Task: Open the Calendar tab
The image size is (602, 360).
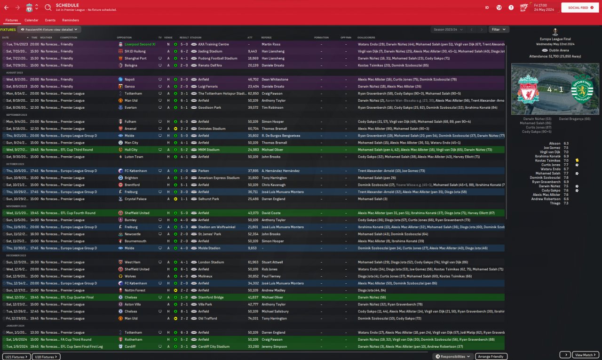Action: click(x=31, y=20)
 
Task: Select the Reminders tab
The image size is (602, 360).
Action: click(x=71, y=20)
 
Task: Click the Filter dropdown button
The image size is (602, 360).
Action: click(x=499, y=29)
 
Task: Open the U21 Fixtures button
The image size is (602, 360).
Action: click(x=16, y=357)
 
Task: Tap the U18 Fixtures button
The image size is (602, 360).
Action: click(x=46, y=357)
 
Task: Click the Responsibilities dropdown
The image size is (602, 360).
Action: click(x=453, y=357)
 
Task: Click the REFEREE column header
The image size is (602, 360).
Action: click(x=266, y=37)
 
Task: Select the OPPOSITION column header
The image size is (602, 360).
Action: click(x=124, y=37)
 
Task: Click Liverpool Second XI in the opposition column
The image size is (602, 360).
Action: click(x=140, y=44)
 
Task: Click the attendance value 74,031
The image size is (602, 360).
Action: click(x=253, y=319)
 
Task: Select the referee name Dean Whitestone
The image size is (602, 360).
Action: click(x=275, y=80)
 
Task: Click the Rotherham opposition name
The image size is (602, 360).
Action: click(x=133, y=339)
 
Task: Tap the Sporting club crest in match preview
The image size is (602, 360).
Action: click(x=582, y=89)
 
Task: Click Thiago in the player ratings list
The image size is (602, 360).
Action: click(x=556, y=203)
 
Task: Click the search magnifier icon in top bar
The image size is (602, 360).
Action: click(x=48, y=8)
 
